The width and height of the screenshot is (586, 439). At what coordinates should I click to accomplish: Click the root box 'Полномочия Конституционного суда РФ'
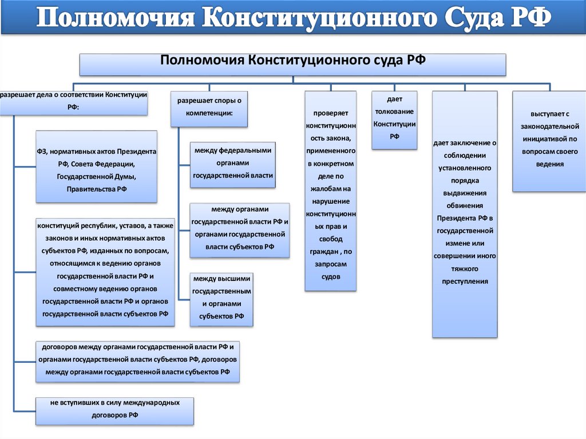pos(292,64)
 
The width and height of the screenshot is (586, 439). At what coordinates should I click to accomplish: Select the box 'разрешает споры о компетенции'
pos(209,108)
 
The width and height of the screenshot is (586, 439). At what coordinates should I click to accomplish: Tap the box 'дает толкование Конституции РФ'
pos(394,120)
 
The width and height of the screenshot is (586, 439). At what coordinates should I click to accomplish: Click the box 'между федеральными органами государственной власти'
pos(232,164)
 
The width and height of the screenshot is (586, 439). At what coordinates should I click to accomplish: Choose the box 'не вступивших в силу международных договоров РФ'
pos(114,410)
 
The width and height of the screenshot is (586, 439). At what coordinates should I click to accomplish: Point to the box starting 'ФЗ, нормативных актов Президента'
pos(97,166)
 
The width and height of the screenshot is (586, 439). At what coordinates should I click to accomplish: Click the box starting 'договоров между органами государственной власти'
pos(137,362)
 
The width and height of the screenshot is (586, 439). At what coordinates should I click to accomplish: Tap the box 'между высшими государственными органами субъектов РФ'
pos(221,299)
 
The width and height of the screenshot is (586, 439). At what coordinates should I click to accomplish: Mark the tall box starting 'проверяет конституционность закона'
pos(331,190)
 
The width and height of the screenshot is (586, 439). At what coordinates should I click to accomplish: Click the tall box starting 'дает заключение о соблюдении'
pos(464,213)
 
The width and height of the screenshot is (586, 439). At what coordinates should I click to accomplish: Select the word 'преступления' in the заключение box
pos(464,282)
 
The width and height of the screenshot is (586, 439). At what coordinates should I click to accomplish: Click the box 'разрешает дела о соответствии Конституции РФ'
pos(73,100)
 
